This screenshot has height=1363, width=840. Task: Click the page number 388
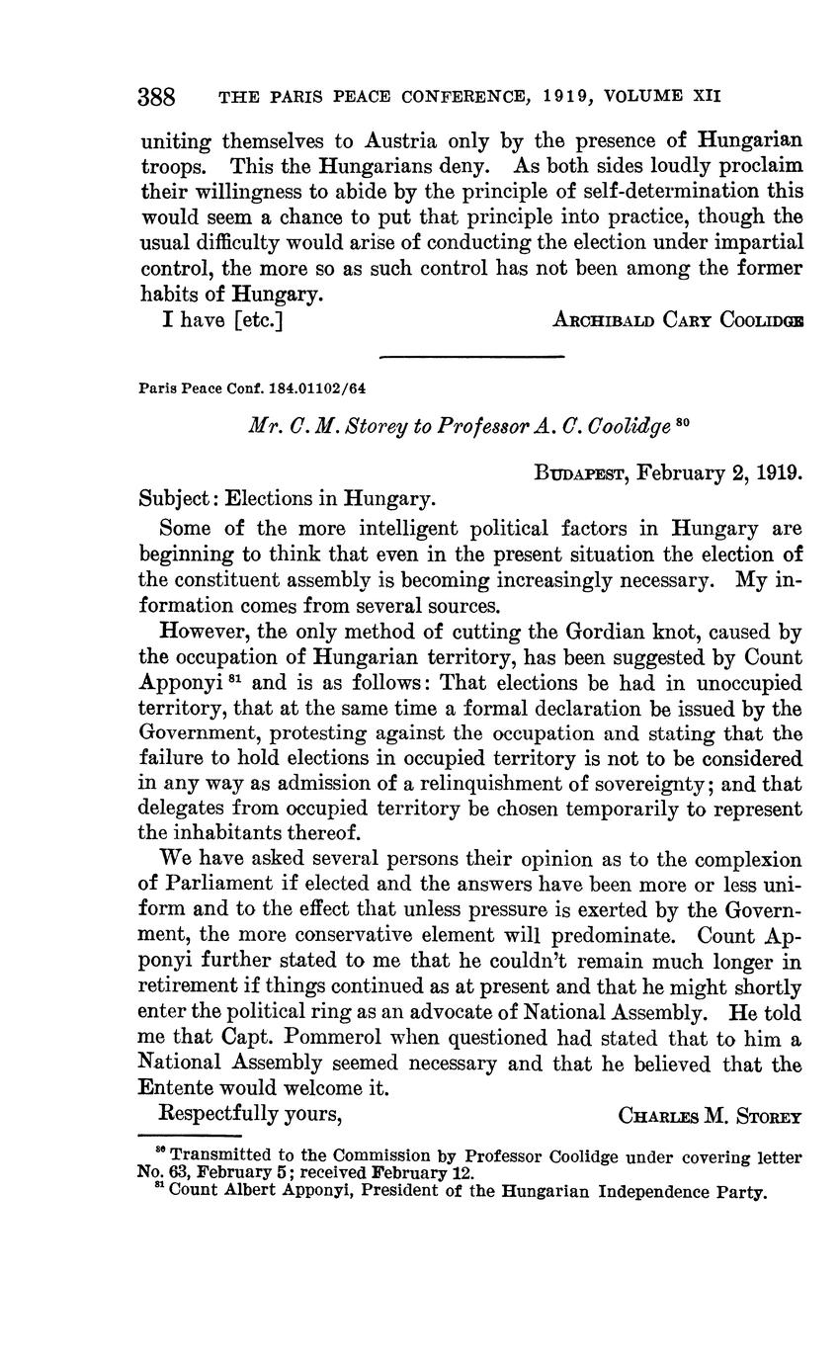pyautogui.click(x=156, y=98)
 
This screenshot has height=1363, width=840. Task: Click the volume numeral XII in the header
pyautogui.click(x=706, y=96)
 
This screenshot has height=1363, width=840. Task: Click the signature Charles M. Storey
pyautogui.click(x=709, y=1116)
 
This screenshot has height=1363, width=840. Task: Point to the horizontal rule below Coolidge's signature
pyautogui.click(x=470, y=355)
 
